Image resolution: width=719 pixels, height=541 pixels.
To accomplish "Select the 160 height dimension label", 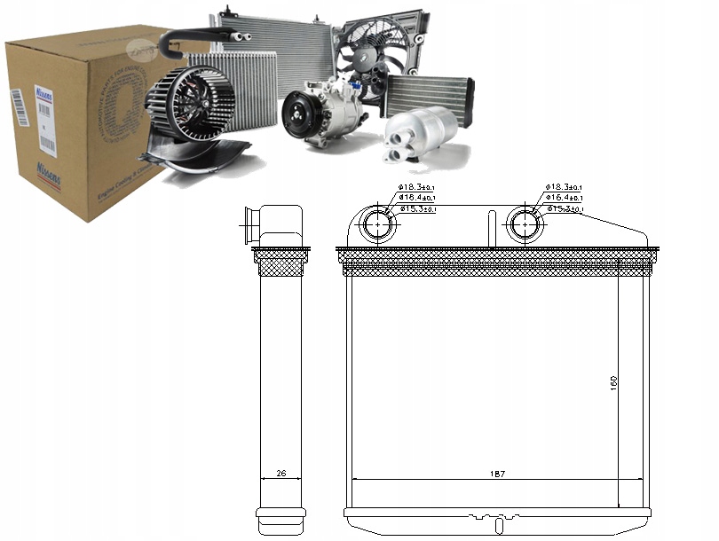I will [613, 383].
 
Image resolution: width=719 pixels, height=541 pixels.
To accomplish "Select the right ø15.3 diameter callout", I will [565, 209].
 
